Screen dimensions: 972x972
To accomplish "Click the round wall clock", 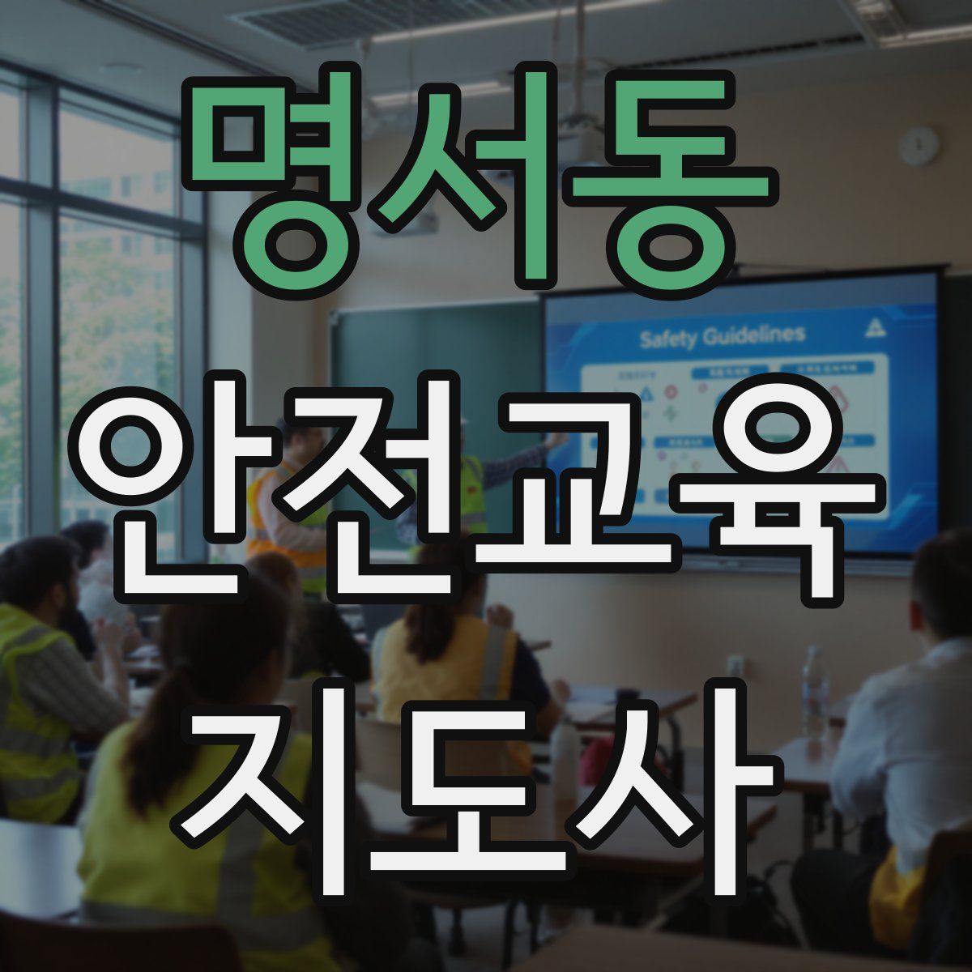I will point(919,147).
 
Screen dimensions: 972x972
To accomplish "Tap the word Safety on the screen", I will point(667,338).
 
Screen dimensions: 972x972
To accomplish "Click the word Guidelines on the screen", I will point(752,335).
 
